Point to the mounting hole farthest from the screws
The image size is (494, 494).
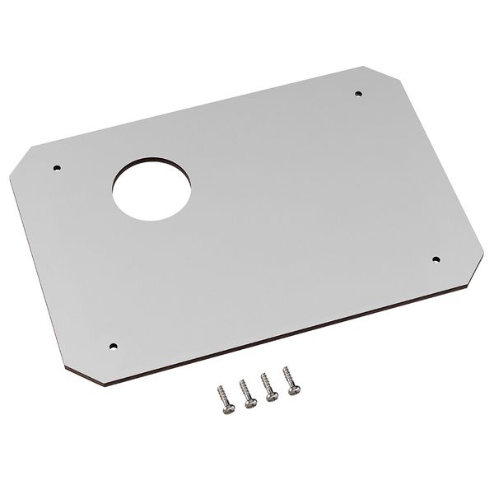pos(357,95)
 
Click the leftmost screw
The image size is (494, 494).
pos(223,392)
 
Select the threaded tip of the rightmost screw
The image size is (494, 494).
pos(285,369)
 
